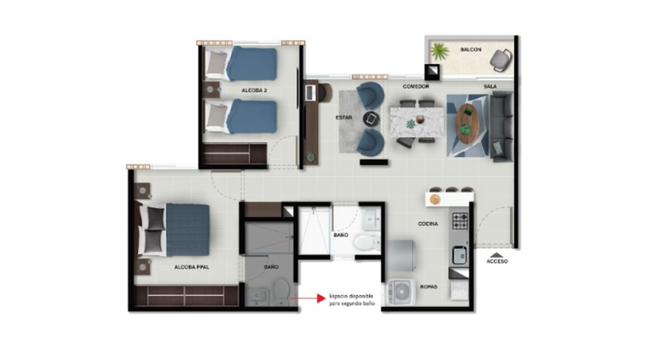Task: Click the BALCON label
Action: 471,49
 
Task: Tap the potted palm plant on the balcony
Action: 440,52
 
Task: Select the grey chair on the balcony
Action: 500,60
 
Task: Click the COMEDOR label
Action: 415,87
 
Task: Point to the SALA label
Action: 490,87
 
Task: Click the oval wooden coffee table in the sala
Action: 467,124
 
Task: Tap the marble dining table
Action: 417,122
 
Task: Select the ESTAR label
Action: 343,118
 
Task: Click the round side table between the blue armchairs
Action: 371,119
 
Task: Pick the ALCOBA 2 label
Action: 254,90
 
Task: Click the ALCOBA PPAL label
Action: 192,267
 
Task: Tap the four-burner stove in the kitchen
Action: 460,221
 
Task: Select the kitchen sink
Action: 460,255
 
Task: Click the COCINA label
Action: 428,224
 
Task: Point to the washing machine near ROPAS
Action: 401,292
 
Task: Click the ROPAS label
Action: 428,287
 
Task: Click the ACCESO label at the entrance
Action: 497,262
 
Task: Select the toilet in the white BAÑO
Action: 365,242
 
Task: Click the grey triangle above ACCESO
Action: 496,255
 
